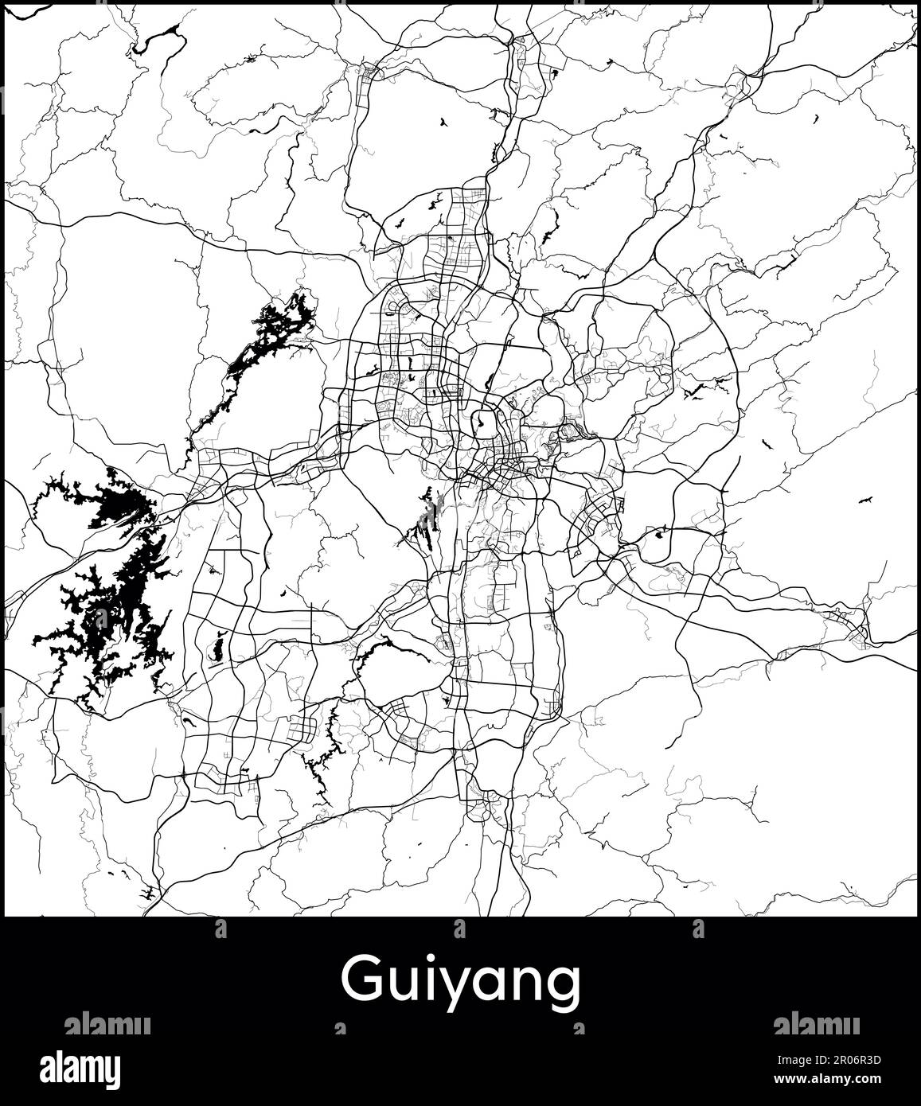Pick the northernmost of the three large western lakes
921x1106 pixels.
click(271, 334)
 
